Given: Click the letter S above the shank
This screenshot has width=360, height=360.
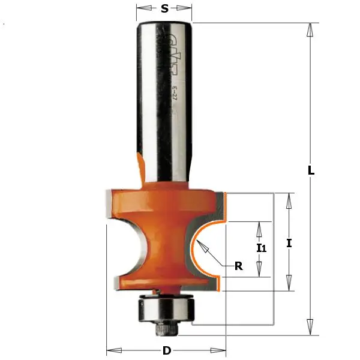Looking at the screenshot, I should pyautogui.click(x=165, y=9).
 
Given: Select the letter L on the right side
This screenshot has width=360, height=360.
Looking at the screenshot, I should pyautogui.click(x=311, y=170).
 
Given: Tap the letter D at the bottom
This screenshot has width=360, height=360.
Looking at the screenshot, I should pyautogui.click(x=166, y=350).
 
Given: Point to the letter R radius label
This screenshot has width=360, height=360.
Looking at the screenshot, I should pyautogui.click(x=238, y=267).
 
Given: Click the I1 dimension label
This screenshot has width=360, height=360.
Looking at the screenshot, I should pyautogui.click(x=260, y=248).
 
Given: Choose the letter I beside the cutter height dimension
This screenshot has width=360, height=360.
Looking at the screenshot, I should pyautogui.click(x=289, y=243).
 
